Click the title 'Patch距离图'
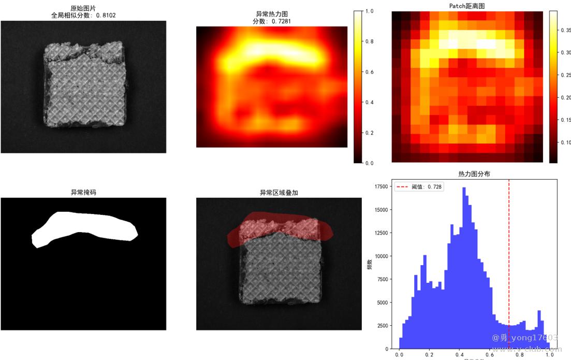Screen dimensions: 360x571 point(467,6)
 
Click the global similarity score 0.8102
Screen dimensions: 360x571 point(106,15)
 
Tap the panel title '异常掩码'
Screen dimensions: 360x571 point(83,192)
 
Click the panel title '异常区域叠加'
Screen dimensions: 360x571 point(279,192)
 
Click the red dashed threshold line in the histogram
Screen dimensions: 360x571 point(509,259)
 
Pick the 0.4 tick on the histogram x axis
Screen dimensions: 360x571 point(459,356)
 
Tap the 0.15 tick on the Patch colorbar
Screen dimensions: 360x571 point(565,120)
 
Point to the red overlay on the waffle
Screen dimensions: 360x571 point(280,228)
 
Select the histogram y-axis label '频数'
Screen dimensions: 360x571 point(370,265)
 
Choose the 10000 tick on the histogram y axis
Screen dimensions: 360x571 point(382,256)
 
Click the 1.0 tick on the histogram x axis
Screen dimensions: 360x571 point(550,356)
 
